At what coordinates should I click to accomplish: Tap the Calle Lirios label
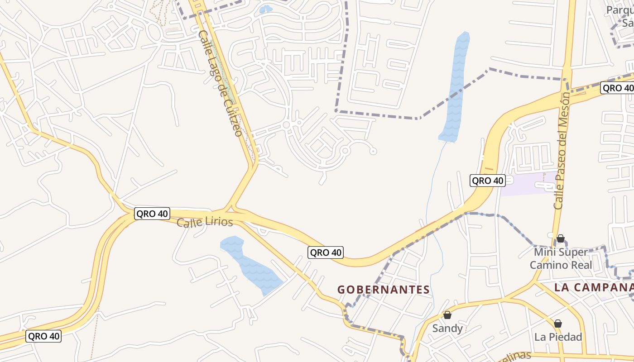[205, 222]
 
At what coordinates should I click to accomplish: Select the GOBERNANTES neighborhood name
[384, 290]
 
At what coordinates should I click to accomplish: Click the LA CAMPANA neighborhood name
[593, 287]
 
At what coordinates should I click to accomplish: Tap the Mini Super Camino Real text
[561, 258]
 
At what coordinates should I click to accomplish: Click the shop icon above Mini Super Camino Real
[561, 238]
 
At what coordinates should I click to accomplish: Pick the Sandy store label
[447, 328]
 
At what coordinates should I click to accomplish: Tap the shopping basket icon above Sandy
[447, 315]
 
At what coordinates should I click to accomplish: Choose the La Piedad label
[558, 337]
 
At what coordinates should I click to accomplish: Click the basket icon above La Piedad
[558, 324]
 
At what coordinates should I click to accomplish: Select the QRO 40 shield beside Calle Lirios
[152, 214]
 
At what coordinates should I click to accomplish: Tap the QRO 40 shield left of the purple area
[487, 181]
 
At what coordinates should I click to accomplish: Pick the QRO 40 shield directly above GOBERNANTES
[326, 252]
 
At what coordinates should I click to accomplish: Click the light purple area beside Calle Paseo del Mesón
[525, 185]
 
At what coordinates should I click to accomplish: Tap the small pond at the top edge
[265, 9]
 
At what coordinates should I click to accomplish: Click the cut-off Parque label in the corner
[621, 16]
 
